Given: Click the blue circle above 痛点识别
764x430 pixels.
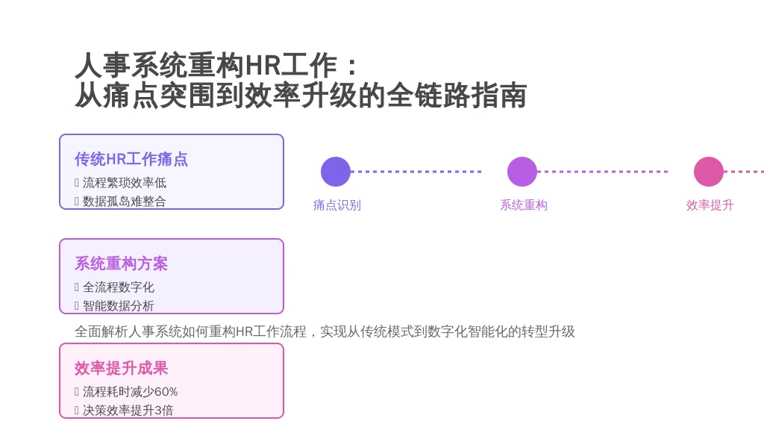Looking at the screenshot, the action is [336, 172].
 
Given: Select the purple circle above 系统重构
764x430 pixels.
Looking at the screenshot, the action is [522, 172].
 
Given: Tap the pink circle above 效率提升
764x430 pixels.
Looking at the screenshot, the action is [709, 172].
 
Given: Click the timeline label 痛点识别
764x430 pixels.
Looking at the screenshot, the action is [337, 205].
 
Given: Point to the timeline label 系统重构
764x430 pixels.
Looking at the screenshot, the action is [524, 205].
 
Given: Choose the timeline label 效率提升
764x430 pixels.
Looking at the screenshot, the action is [710, 205].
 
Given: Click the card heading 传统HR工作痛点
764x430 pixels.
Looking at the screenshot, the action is [131, 160].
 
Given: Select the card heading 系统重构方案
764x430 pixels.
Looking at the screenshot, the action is [122, 264].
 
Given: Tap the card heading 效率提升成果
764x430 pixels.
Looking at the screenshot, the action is [122, 368].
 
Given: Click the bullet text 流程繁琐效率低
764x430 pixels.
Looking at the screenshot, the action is [125, 183].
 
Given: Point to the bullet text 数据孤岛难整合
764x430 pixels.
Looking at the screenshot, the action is [125, 202].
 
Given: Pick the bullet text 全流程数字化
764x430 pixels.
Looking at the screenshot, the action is [119, 287].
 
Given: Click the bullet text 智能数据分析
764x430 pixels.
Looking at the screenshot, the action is [119, 305].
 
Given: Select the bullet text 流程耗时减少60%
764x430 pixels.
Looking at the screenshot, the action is [130, 391].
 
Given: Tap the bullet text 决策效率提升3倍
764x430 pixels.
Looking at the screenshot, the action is [128, 410].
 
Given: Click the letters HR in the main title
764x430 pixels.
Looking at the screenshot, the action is [262, 66].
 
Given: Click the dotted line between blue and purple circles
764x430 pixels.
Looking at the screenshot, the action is [416, 172].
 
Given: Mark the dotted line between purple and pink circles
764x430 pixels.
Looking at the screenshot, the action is [603, 172].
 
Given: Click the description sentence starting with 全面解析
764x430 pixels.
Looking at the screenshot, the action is [325, 332].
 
